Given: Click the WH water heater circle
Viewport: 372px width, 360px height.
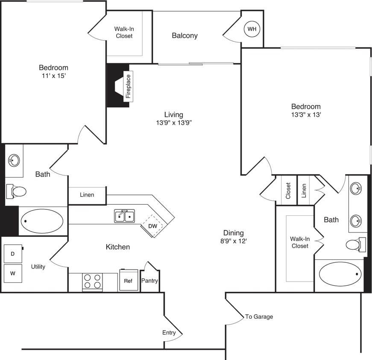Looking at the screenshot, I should coord(252,29).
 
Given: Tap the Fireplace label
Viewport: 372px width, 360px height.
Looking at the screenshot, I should coord(128,87).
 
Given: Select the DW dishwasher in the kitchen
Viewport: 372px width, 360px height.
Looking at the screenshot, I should coord(152,226).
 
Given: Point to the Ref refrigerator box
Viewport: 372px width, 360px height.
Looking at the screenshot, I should coord(128,281).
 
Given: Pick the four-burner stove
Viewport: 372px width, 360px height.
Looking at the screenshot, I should coord(93,282).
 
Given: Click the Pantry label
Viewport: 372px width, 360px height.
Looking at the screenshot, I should coord(149,281).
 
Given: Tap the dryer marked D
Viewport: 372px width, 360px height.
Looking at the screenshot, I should coord(12,254).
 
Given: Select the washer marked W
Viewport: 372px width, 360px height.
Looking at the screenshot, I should coord(12,274).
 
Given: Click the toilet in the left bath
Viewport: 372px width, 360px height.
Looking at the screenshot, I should coord(17,192).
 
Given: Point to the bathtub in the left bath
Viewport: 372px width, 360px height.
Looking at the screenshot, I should coord(42,221).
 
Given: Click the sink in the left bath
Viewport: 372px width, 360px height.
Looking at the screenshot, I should coord(14,161).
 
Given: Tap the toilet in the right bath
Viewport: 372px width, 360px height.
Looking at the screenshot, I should coord(354,245).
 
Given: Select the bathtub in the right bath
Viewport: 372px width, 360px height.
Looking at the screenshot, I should coord(340,274).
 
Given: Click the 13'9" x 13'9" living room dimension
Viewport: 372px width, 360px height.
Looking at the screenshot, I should coord(173,122).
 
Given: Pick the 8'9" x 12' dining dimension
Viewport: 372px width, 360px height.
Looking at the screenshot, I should coord(233,241).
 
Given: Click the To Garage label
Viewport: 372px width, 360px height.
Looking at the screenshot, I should coord(259,316).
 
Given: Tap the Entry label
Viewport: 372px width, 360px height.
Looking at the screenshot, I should coord(169,333).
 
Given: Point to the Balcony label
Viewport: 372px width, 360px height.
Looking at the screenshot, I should coord(185,35).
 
